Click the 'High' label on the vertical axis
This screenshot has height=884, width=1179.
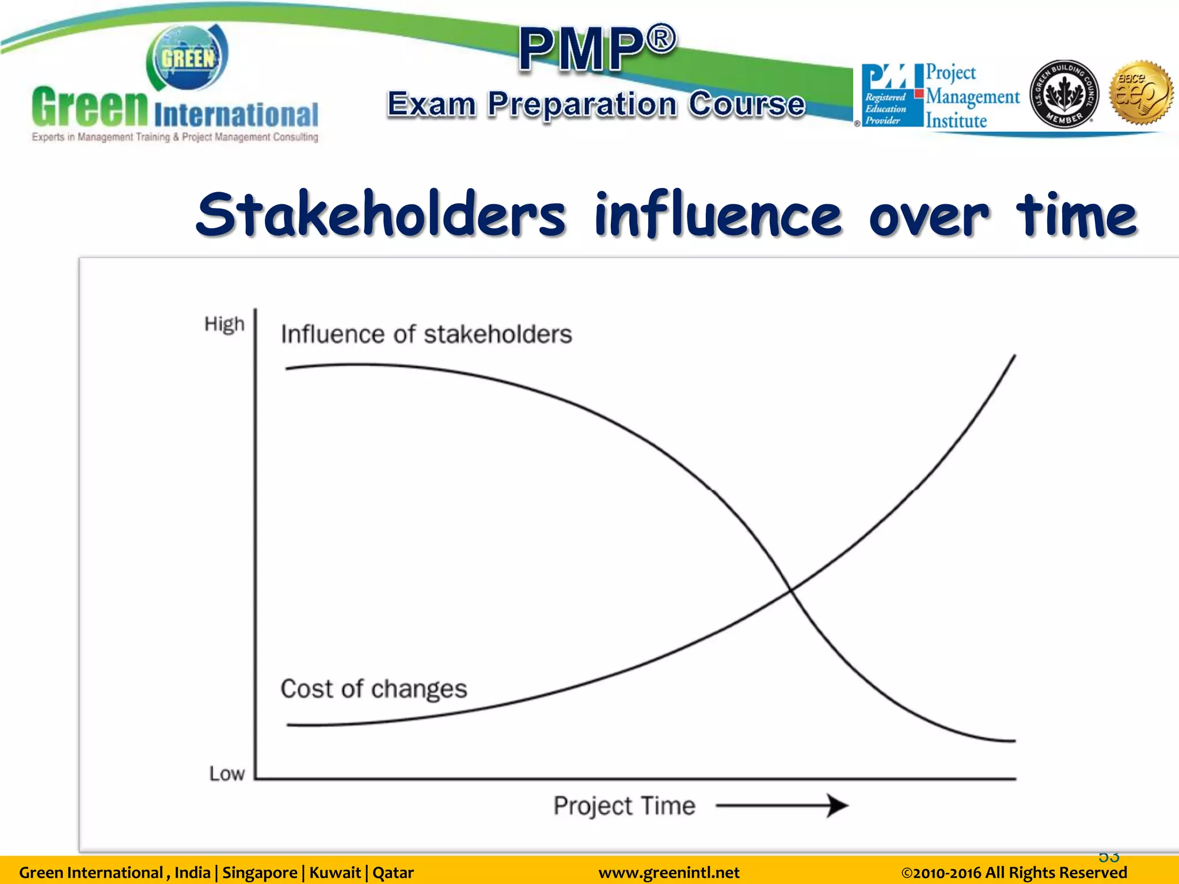coord(225,325)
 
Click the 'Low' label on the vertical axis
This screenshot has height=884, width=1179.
coord(227,773)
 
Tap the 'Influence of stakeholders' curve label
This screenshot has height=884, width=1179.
coord(426,334)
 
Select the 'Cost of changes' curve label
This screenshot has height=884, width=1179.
coord(374,689)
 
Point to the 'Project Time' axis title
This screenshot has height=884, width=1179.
coord(624,806)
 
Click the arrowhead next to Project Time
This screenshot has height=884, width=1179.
coord(838,806)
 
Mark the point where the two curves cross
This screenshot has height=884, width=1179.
coord(791,590)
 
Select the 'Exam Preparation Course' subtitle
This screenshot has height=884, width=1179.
coord(596,104)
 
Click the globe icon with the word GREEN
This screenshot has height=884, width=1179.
coord(187,58)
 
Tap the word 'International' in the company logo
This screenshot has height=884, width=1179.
coord(236,115)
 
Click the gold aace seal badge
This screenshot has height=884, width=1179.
coord(1142,93)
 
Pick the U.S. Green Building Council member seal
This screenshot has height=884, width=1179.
coord(1064,94)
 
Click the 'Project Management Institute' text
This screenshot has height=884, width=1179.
coord(972,96)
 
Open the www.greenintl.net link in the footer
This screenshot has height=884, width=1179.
coord(669,872)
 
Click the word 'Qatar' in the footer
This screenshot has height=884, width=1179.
coord(393,872)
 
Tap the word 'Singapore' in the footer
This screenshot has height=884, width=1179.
coord(260,872)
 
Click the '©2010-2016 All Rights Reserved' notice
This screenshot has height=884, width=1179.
coord(1013,872)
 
